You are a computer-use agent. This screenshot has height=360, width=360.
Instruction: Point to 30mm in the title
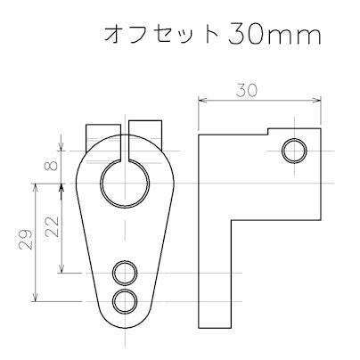pos(273,35)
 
